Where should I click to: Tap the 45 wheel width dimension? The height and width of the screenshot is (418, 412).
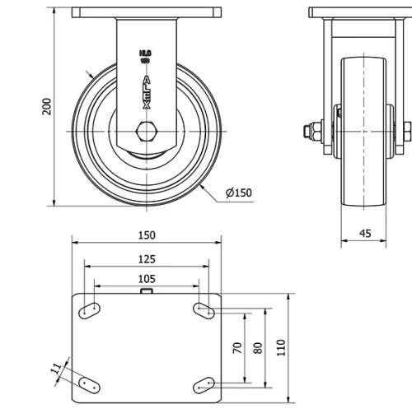[365, 233]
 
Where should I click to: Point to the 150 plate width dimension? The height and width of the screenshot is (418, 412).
[146, 235]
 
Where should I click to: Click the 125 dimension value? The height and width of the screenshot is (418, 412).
[146, 258]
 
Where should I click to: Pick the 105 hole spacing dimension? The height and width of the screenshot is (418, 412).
[146, 279]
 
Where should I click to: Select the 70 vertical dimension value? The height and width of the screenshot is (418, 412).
[237, 347]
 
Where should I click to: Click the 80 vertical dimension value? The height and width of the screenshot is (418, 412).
[257, 347]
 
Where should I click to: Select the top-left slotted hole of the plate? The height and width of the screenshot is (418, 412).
[91, 310]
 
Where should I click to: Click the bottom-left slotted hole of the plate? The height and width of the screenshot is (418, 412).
[91, 383]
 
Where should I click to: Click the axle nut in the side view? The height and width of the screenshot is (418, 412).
[313, 130]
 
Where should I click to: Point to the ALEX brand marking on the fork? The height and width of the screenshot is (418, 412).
[147, 91]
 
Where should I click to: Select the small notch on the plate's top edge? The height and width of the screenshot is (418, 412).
[147, 290]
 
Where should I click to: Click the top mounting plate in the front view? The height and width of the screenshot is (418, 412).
[147, 14]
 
